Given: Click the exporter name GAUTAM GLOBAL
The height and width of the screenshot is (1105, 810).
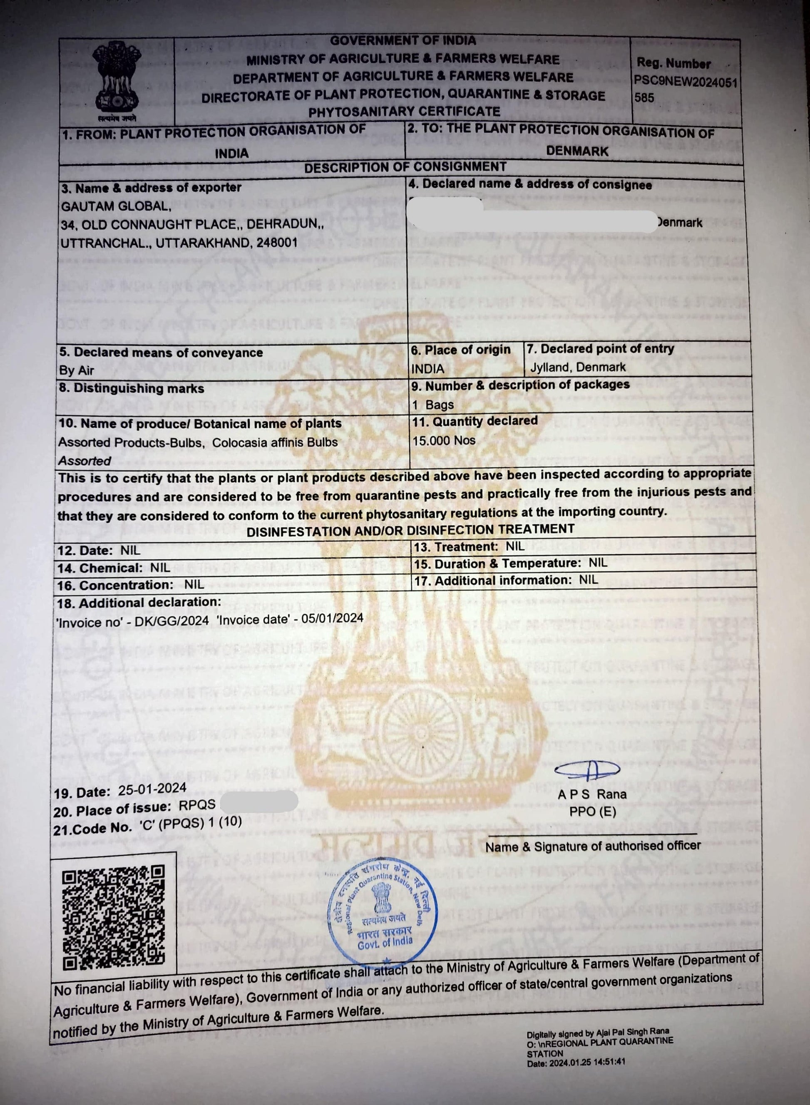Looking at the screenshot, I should coord(116,207).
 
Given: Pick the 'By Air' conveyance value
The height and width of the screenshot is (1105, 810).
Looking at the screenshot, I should coord(77,370).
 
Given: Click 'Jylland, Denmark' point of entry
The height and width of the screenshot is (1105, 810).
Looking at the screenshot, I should coord(578,367).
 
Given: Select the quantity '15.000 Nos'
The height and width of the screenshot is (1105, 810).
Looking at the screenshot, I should coord(444,440).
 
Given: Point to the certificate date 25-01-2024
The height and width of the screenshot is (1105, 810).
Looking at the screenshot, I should coord(152,788).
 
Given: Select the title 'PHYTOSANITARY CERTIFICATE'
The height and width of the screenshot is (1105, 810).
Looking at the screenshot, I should coord(404,112).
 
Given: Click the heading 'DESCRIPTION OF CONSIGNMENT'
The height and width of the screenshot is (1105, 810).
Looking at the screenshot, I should coord(405,167).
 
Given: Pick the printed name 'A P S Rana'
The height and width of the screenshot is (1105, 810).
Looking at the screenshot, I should coord(592,794).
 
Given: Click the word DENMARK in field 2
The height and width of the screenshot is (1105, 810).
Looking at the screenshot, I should coord(577,151).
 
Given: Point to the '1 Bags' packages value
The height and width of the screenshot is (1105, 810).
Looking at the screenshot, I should coord(433,405).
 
